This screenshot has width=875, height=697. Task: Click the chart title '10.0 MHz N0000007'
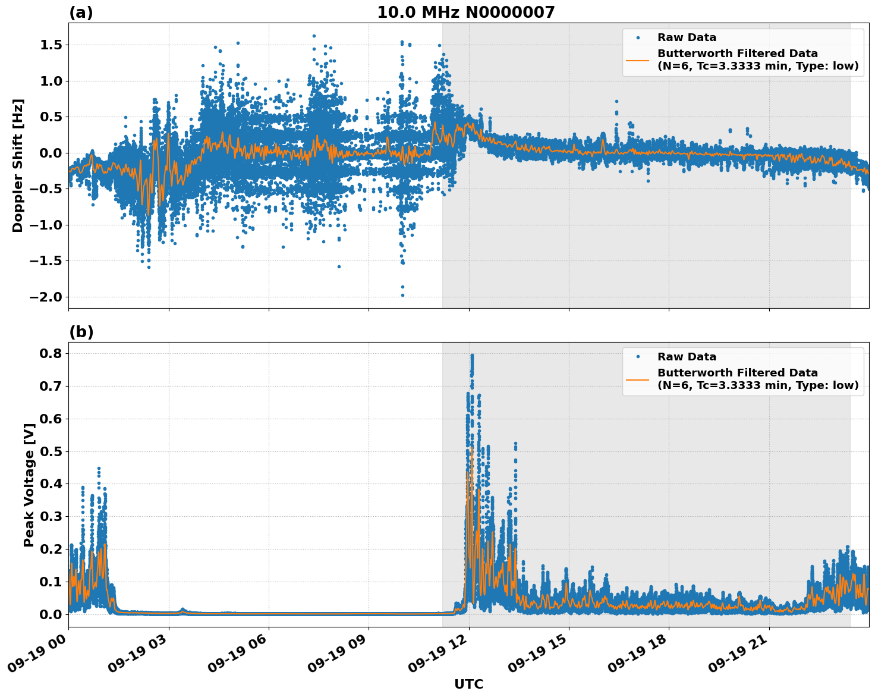[x=465, y=12]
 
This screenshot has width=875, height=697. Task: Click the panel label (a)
[x=81, y=12]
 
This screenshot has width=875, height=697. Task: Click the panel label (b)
[x=81, y=332]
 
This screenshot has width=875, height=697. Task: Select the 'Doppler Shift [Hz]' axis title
[x=18, y=165]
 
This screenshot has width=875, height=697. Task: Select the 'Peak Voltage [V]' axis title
[x=29, y=485]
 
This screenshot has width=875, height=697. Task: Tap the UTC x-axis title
[x=468, y=684]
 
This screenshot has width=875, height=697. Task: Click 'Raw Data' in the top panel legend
[x=687, y=37]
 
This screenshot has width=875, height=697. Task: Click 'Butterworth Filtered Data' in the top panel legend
[x=737, y=54]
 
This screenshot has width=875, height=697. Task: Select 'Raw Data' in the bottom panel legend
[x=687, y=357]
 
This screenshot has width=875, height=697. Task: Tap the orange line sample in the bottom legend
[x=637, y=379]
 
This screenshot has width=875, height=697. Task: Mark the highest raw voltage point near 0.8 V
[x=472, y=356]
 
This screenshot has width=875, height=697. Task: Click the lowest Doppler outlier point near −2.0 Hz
[x=402, y=295]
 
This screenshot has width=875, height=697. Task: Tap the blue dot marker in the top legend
[x=637, y=37]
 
